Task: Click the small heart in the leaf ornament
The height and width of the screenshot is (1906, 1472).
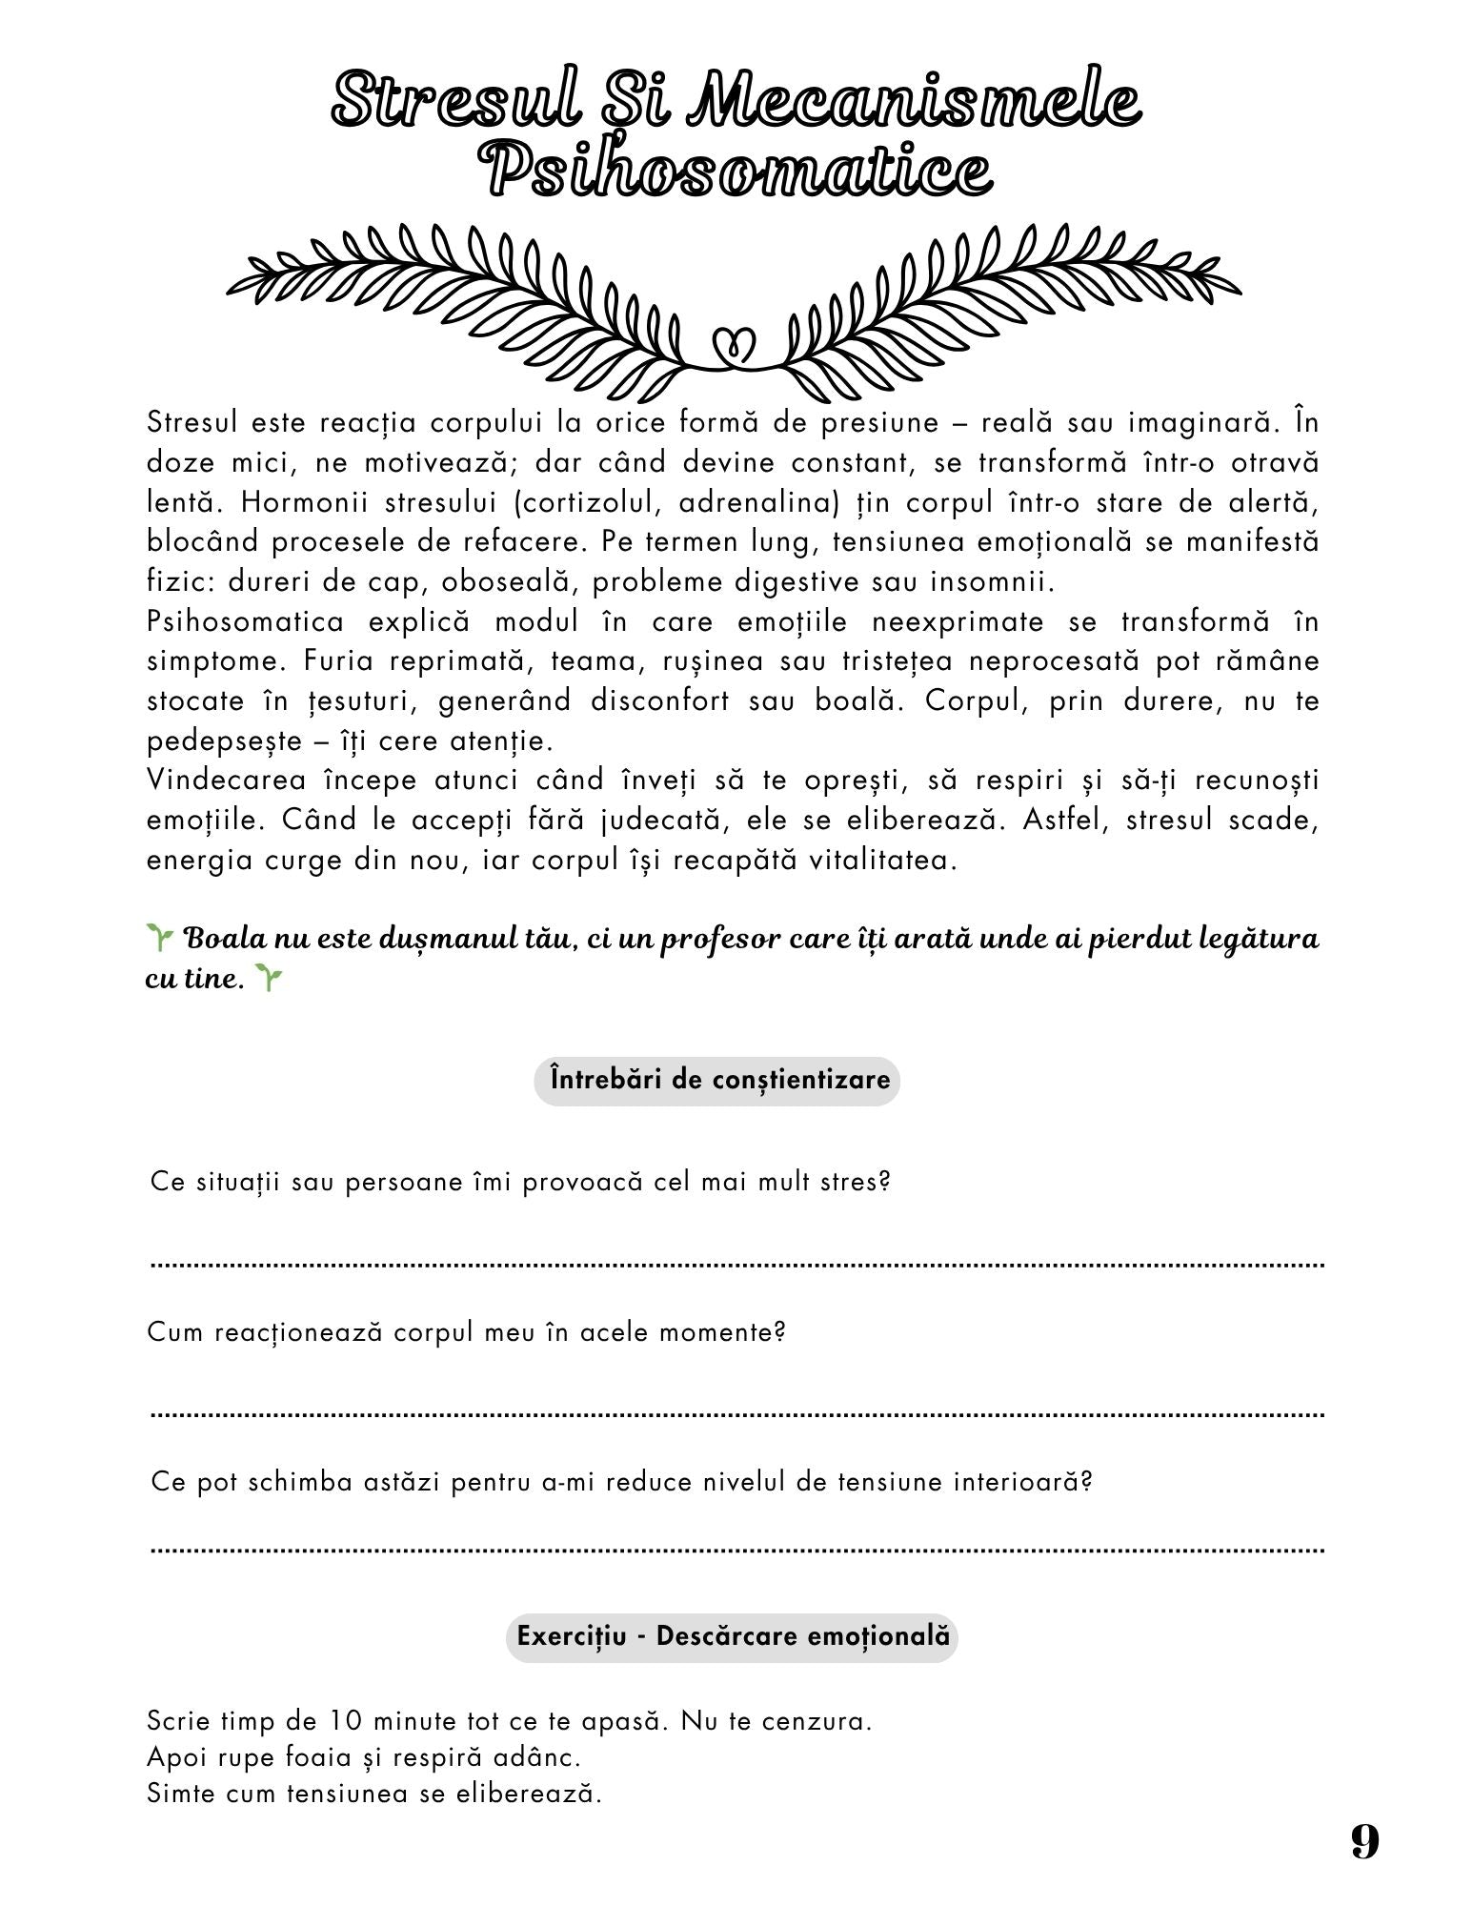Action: (x=735, y=344)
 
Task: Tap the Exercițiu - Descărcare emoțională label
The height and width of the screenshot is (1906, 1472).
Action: (x=733, y=1636)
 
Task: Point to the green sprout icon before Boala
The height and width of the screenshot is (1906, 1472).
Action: (x=159, y=938)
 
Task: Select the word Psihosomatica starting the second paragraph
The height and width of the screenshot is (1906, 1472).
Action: (x=245, y=621)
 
